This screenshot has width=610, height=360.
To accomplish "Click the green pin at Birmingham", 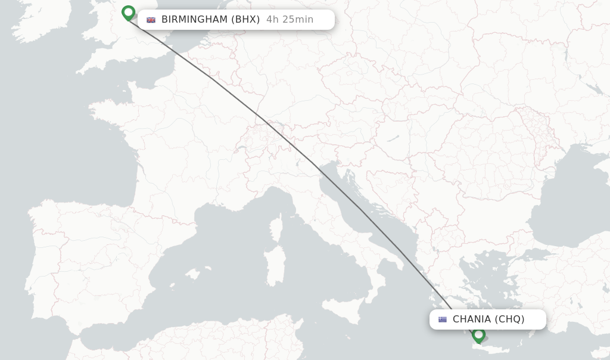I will pos(128,12).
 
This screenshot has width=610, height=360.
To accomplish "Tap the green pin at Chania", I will pos(478,334).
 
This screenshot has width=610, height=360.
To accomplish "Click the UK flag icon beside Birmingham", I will pos(151,20).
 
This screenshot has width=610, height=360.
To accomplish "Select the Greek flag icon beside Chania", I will pos(443,319).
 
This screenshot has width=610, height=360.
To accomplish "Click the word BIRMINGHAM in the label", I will pos(194,20).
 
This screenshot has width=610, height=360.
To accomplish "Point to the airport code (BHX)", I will pos(246,20).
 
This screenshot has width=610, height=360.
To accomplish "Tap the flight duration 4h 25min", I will pos(290,20).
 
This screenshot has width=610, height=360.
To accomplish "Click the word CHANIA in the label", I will pos(472,319).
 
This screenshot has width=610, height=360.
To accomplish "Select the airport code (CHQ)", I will pos(510,319).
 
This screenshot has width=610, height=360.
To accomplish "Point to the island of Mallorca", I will pos(192,274).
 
